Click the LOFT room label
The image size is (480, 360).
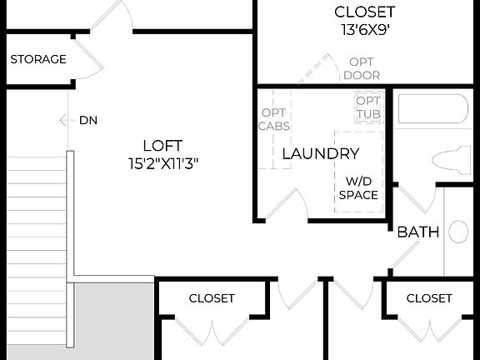pyautogui.click(x=162, y=145)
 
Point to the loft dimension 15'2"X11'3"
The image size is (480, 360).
pyautogui.click(x=162, y=163)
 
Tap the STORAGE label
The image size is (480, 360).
pyautogui.click(x=38, y=59)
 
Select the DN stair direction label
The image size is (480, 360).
pyautogui.click(x=88, y=120)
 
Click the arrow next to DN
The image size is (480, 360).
pyautogui.click(x=65, y=120)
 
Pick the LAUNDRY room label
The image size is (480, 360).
pyautogui.click(x=321, y=153)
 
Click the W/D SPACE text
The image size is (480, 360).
pyautogui.click(x=358, y=187)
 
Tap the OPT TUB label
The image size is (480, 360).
pyautogui.click(x=368, y=107)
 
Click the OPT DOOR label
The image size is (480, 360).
pyautogui.click(x=362, y=68)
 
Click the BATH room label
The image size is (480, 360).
pyautogui.click(x=417, y=232)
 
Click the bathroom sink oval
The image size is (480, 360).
pyautogui.click(x=458, y=231)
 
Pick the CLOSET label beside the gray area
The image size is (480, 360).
pyautogui.click(x=212, y=298)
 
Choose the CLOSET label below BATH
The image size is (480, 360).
pyautogui.click(x=429, y=298)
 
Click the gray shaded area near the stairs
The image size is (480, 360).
pyautogui.click(x=112, y=321)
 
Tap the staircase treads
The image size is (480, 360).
pyautogui.click(x=33, y=250)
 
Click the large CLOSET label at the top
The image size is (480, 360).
pyautogui.click(x=364, y=12)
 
